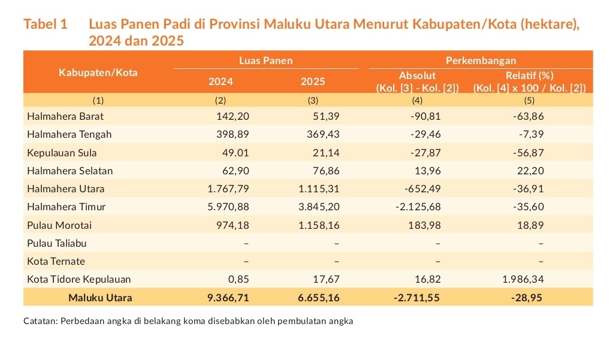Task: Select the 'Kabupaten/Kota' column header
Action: coord(98,72)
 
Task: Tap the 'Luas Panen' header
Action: coord(265,60)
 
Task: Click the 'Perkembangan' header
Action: coord(481,60)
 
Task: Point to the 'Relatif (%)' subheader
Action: coord(529,76)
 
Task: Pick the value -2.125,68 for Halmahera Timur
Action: coord(418,207)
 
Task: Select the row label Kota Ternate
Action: coord(56,261)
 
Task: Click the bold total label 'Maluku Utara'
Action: coord(100,297)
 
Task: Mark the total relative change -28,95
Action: coord(527,297)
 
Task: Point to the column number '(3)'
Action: coord(313,100)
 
